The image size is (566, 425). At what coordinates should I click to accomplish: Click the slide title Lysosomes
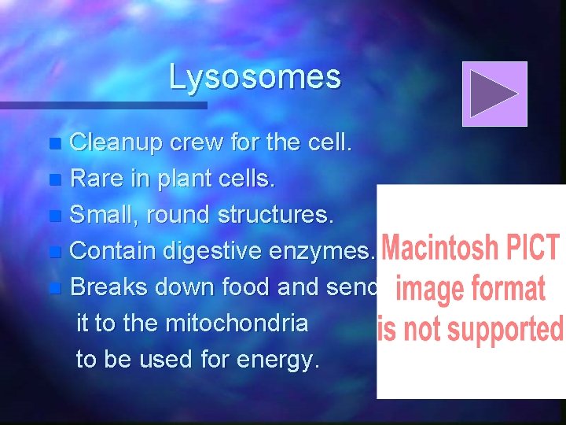[255, 77]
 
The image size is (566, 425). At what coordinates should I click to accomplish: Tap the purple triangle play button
[494, 94]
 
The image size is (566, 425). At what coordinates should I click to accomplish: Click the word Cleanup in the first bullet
[116, 143]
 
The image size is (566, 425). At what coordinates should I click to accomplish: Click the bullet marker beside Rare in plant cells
[53, 180]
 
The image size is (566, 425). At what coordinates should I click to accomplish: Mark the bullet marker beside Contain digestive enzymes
[53, 253]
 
